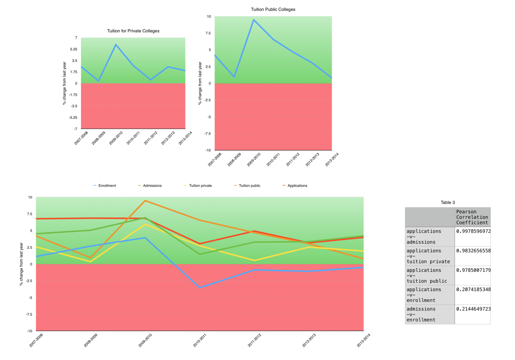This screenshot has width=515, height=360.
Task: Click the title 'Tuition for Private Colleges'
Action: [x=133, y=31]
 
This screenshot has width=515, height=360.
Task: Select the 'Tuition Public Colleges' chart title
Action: [x=273, y=9]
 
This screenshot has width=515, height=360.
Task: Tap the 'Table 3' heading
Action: [x=448, y=202]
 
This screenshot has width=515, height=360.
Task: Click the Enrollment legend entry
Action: [x=105, y=186]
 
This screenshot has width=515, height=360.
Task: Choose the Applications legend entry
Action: [x=295, y=186]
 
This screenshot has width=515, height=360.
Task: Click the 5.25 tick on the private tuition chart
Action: [x=74, y=49]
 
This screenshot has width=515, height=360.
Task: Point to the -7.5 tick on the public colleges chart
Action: [x=208, y=134]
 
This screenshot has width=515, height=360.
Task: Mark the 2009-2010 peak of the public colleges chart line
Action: [x=254, y=20]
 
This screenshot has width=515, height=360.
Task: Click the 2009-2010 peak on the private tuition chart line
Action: [x=116, y=44]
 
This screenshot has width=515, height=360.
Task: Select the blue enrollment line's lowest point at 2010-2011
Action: [x=200, y=287]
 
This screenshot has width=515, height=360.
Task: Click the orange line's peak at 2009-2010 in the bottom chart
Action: [x=145, y=200]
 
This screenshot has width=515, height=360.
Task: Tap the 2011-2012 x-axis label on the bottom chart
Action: [x=254, y=340]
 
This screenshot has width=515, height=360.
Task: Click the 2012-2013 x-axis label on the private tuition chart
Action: [x=168, y=138]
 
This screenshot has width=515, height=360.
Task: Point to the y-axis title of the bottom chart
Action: [x=21, y=264]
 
